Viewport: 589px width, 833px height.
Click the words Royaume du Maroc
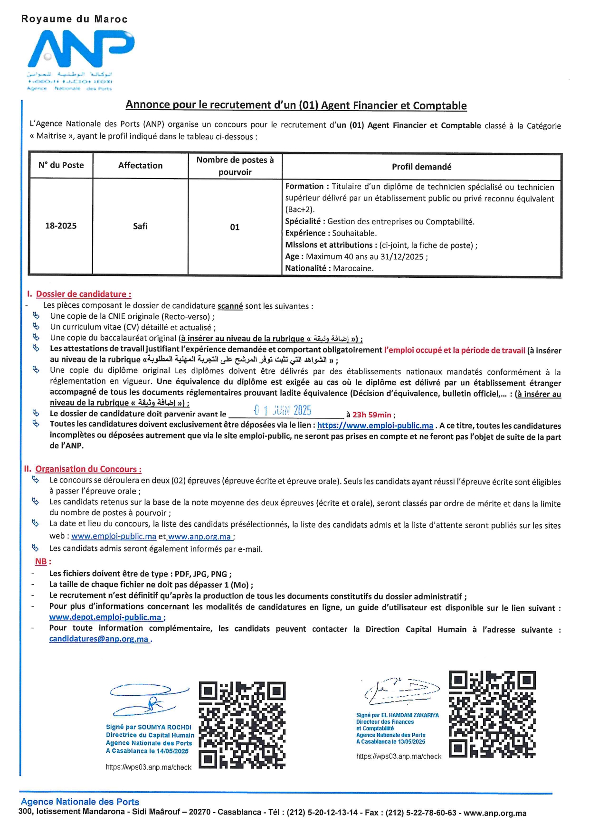point(74,19)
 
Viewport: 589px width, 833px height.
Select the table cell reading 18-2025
point(61,226)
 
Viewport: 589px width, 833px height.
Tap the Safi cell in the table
point(140,226)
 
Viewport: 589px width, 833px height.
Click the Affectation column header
point(140,165)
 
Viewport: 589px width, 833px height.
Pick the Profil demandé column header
point(421,167)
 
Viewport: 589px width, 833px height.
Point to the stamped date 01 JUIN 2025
point(283,410)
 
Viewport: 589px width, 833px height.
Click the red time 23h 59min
point(372,415)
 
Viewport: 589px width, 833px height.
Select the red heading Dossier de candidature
point(84,294)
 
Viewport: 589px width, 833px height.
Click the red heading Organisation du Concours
point(88,469)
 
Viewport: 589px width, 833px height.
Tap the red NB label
point(41,561)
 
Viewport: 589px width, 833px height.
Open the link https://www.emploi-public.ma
point(375,426)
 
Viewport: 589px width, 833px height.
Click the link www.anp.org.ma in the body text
point(199,537)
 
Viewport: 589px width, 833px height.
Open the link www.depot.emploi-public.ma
point(105,617)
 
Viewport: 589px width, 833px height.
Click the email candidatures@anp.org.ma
point(99,639)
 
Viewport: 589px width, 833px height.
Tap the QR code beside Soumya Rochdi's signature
point(242,725)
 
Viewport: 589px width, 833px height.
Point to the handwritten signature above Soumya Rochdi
point(149,700)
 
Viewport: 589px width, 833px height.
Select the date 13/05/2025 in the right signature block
point(412,741)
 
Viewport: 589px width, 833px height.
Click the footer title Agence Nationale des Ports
point(80,802)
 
